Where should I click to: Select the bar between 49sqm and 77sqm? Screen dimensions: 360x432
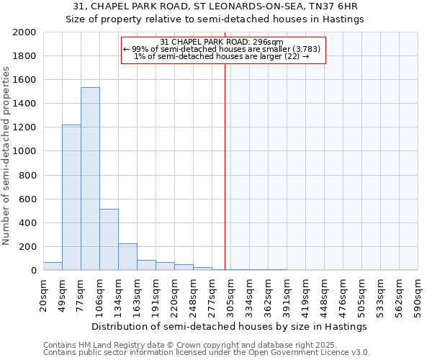tap(71, 197)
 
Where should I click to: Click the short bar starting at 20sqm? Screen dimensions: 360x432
tap(53, 266)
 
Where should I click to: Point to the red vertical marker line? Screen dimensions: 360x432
tap(225, 166)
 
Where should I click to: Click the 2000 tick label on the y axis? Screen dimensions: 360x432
tap(25, 32)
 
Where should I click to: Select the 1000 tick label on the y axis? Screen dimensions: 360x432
tap(25, 151)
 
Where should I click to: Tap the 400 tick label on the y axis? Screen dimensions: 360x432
tap(28, 223)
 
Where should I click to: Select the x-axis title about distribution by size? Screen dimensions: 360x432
tap(230, 326)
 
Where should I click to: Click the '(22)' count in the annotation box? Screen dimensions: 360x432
tap(292, 56)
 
